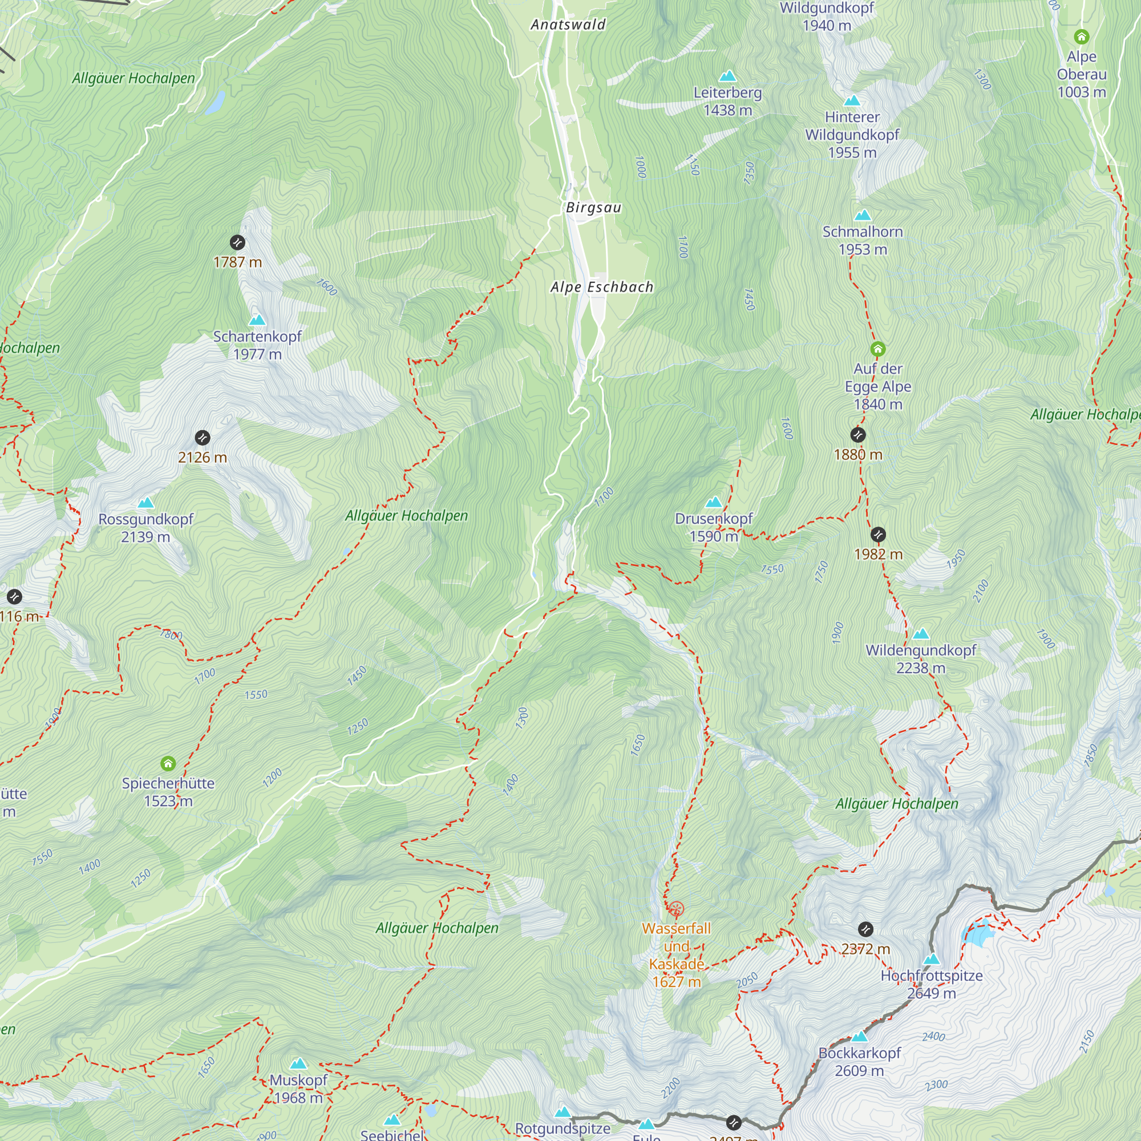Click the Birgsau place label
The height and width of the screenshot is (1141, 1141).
pos(593,207)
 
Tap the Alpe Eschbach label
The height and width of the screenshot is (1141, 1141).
pos(601,287)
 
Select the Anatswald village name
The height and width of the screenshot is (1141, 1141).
pos(568,25)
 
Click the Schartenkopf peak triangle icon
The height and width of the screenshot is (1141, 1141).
pos(257,320)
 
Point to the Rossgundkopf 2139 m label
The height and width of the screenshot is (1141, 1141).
pos(145,527)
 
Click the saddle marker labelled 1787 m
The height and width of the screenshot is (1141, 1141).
pos(237,242)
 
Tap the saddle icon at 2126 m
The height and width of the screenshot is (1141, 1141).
pos(202,438)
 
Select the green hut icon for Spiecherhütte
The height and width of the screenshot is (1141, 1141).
pos(168,764)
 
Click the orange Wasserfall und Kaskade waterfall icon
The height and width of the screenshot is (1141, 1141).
pos(676,908)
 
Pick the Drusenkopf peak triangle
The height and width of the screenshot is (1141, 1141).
pos(714,502)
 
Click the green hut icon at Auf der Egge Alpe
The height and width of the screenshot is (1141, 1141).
pos(877,349)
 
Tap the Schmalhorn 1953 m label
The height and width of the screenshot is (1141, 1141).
pos(862,240)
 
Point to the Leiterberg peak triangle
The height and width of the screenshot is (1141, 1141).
pos(727,76)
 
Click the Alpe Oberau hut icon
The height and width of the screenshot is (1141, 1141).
pos(1081,37)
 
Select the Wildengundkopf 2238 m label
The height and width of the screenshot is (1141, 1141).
pos(920,658)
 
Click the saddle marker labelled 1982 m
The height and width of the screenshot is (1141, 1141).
pos(877,535)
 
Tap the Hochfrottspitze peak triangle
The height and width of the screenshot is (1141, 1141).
pos(932,959)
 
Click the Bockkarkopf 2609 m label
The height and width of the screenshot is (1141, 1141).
pos(859,1061)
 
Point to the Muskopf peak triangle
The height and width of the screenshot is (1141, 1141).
pos(298,1063)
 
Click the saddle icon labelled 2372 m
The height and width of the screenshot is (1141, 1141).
pos(865,929)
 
